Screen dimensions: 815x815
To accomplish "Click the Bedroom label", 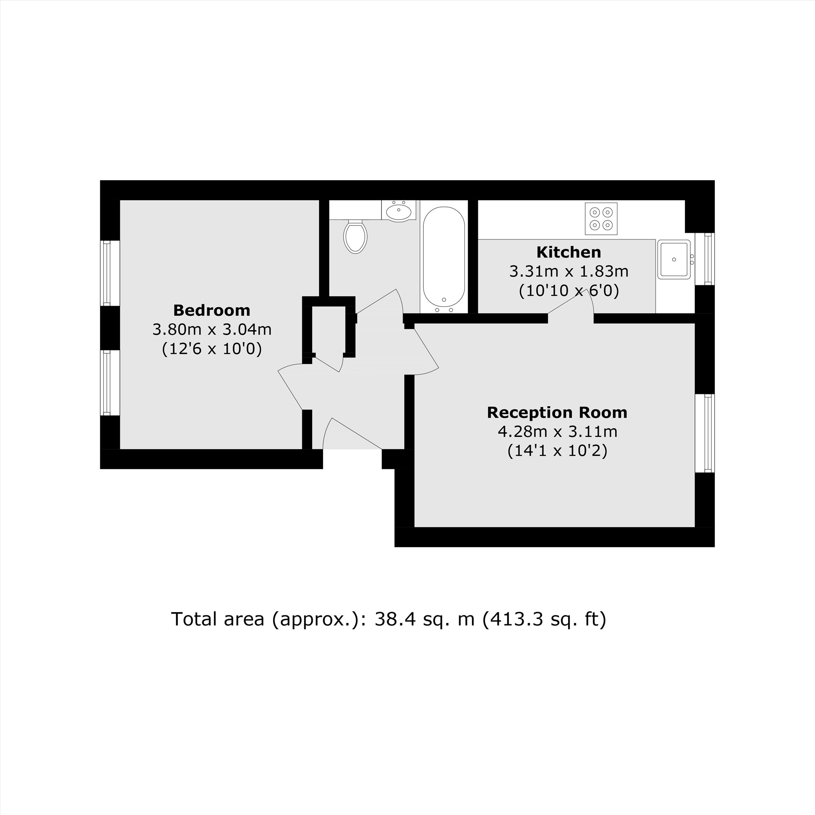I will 212,311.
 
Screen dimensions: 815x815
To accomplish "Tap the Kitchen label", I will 568,252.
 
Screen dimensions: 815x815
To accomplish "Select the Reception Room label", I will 557,412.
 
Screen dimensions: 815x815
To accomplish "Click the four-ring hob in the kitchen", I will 601,218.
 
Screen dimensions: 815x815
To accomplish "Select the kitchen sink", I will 674,260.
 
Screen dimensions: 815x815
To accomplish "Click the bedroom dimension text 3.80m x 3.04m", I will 212,329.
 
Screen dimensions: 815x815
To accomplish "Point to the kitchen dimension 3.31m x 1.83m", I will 568,272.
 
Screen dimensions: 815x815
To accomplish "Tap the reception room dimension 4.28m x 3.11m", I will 557,432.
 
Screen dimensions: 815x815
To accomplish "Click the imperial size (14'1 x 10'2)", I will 557,451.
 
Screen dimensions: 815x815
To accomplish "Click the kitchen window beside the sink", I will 708,259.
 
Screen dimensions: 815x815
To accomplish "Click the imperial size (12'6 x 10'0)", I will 212,349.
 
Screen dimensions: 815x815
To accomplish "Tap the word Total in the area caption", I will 195,619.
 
